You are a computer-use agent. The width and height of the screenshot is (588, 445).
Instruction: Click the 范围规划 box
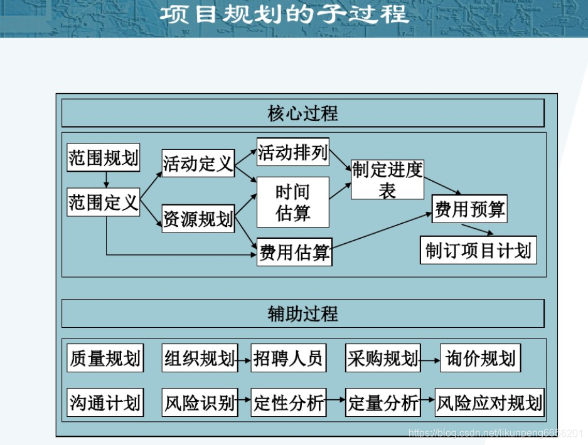point(104,157)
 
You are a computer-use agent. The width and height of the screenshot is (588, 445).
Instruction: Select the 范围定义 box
point(104,202)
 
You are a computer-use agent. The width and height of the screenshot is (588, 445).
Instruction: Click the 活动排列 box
point(293,152)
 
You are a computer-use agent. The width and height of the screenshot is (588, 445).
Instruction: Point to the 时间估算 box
point(293,202)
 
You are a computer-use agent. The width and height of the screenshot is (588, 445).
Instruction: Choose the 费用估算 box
point(294,253)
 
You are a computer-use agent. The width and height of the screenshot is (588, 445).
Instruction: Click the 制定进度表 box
point(387,179)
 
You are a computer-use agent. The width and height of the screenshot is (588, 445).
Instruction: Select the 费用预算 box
point(469,209)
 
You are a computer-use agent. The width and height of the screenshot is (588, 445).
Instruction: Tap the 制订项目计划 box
point(478,251)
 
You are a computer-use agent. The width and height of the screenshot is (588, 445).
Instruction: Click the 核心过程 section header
point(302,113)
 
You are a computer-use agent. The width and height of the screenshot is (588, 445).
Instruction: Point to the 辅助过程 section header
point(302,313)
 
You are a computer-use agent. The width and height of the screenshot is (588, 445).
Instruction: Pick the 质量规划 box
point(105,359)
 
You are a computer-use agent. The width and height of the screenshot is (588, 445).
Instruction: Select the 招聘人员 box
point(288,359)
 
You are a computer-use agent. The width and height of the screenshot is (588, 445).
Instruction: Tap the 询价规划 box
point(480,359)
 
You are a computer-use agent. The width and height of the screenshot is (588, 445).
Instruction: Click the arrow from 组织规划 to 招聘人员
point(243,360)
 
